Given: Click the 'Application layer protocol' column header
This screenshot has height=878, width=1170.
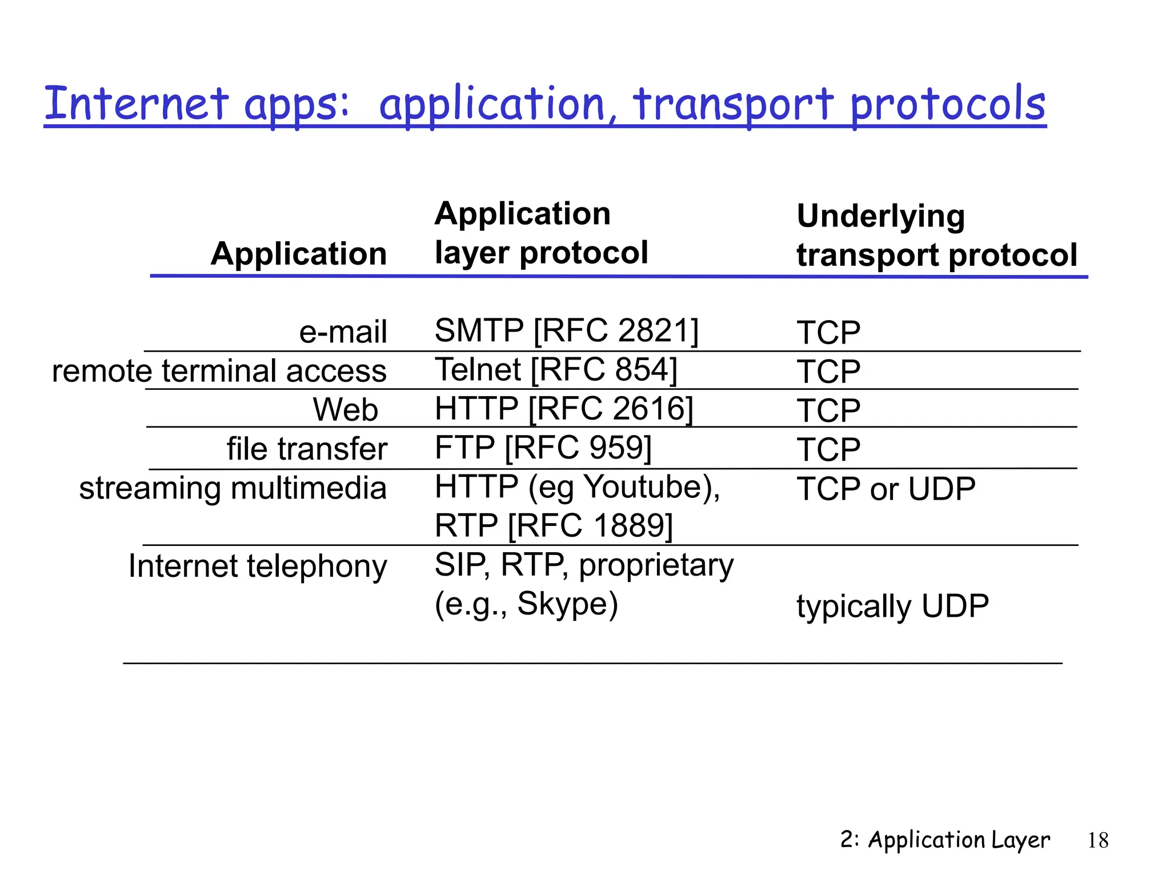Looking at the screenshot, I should coord(540,233).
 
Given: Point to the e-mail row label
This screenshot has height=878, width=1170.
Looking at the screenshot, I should coord(343,332).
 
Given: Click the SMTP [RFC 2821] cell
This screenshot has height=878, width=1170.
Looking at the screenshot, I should coord(566,331).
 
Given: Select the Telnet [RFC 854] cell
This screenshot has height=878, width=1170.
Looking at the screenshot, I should coord(555,370).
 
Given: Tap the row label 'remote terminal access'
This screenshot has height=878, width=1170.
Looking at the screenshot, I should coord(219,371).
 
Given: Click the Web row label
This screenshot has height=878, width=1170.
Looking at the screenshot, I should coord(345,410).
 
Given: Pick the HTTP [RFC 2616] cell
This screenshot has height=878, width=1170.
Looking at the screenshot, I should coord(563,409).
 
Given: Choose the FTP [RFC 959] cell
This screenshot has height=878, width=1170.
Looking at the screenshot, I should coord(543,448).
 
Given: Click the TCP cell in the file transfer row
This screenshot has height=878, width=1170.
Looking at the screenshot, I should coord(828,450).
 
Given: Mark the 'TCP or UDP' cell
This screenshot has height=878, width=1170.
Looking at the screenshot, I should coord(885,489).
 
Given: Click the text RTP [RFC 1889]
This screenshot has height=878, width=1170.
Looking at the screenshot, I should coord(553,526).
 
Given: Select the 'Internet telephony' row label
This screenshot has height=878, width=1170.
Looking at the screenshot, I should coord(258,566).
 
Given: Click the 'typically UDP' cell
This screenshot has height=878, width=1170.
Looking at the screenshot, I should coord(892,606).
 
